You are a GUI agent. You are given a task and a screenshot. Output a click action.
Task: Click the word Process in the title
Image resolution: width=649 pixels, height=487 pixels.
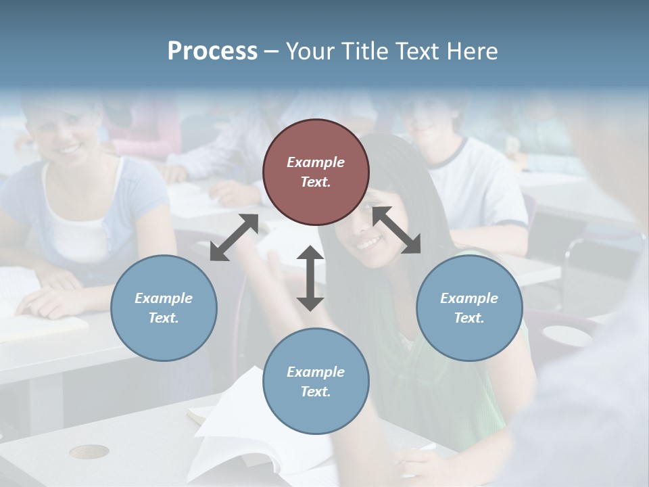(212, 51)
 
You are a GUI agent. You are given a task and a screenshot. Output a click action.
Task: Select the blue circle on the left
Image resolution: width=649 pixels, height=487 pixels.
(164, 308)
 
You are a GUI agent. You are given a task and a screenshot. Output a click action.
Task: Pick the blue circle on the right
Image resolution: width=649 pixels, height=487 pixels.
(469, 308)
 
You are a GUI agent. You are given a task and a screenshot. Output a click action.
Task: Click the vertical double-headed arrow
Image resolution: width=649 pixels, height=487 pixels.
(310, 278)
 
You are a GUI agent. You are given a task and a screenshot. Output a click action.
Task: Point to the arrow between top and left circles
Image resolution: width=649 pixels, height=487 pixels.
(234, 237)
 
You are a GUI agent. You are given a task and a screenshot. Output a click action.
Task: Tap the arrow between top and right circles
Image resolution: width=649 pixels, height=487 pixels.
(397, 230)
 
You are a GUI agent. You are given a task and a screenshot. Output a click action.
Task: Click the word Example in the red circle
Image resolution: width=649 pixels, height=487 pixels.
(316, 162)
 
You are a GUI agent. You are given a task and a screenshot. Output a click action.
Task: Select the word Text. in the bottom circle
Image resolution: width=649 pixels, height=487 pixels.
(316, 392)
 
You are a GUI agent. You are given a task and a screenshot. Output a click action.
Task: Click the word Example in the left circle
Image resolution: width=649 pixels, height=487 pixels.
(164, 298)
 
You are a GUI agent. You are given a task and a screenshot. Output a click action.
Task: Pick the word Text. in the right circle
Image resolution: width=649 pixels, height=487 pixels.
(469, 318)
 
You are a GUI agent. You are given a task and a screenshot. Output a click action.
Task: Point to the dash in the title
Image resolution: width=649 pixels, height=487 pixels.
(272, 51)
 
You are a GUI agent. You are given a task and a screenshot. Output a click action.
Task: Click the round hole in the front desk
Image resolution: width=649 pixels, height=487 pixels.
(89, 451)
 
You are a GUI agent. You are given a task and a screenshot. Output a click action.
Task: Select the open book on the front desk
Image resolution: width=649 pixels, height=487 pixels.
(257, 426)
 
